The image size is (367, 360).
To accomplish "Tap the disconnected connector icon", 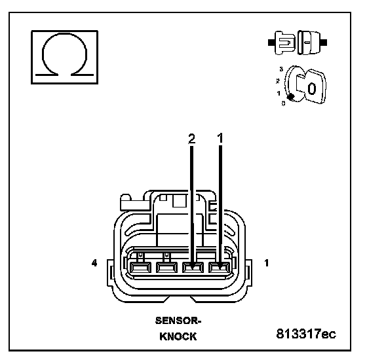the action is (x=298, y=43).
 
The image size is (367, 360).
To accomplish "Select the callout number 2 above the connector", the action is (x=191, y=139).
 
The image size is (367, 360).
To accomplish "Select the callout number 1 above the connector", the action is (x=220, y=138).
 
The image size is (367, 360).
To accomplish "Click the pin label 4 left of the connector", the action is (x=94, y=263).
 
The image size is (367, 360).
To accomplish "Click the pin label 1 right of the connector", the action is (x=266, y=263).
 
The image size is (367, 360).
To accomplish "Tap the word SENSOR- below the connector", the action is (x=178, y=321).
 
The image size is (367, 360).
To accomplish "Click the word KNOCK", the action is (x=178, y=336).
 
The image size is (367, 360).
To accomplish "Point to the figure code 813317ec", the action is (x=306, y=334).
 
